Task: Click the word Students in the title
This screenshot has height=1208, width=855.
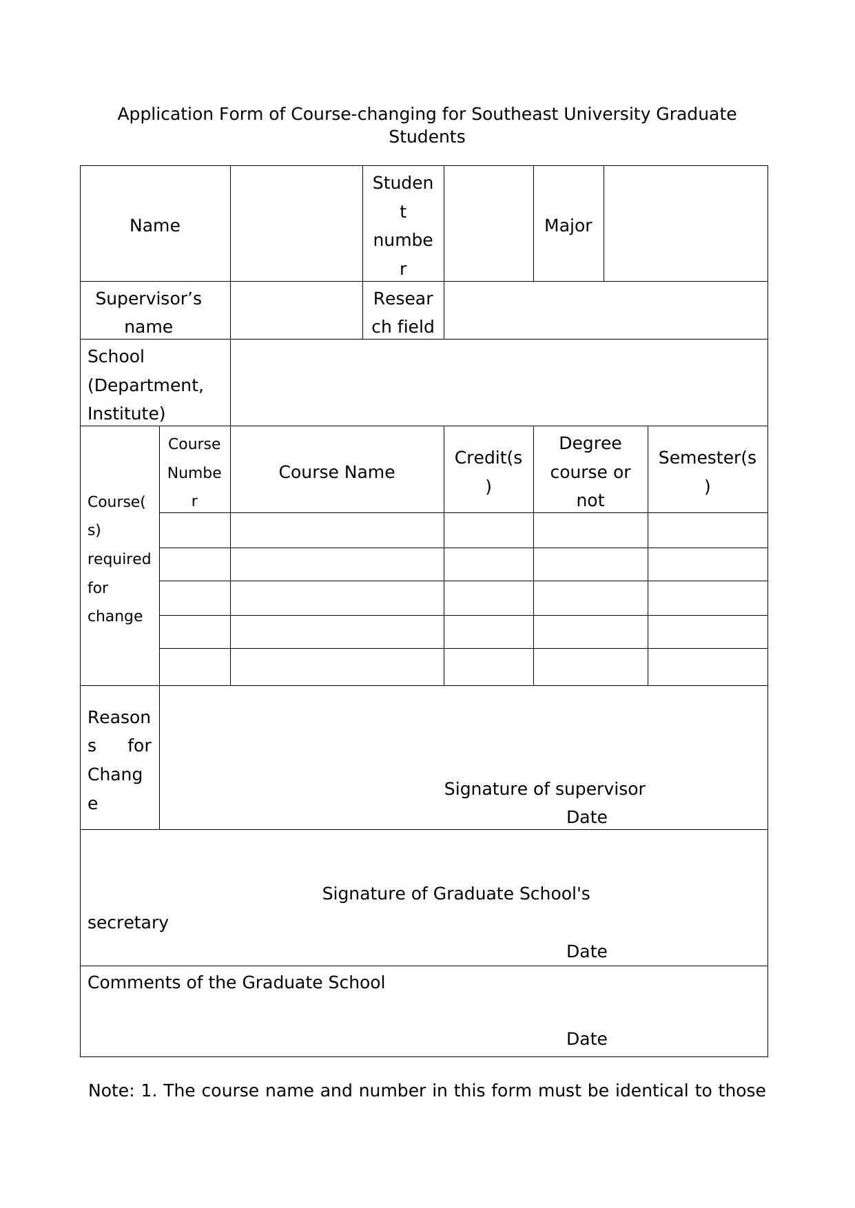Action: (426, 136)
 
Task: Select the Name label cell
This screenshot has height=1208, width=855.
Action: (154, 225)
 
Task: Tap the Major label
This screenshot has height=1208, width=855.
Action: (568, 225)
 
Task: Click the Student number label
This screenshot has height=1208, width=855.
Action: (403, 225)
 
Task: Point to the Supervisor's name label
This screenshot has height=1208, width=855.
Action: (149, 312)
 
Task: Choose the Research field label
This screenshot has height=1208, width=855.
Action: (403, 312)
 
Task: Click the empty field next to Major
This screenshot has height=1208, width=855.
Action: (686, 224)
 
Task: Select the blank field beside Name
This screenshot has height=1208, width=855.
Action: (296, 224)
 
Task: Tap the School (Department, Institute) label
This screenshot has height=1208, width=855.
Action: (145, 384)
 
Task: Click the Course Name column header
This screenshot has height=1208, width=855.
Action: (336, 472)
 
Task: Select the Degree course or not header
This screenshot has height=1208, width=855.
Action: (590, 472)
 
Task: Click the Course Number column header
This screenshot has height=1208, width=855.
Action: (194, 472)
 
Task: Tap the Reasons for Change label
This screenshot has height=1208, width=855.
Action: (119, 760)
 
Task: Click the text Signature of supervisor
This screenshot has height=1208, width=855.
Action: (544, 789)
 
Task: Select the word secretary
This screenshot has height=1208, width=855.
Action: (128, 922)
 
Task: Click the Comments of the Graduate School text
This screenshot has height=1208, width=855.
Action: (236, 982)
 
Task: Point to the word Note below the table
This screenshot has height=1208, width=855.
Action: (110, 1090)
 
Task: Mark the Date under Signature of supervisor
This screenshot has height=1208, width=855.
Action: (586, 817)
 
